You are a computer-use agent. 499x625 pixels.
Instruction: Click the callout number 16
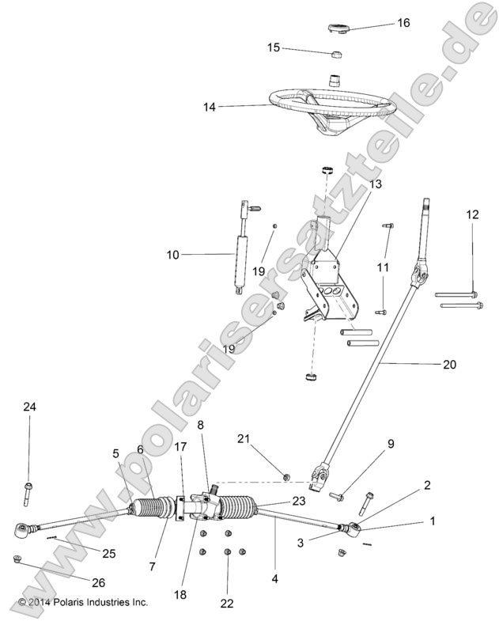403,23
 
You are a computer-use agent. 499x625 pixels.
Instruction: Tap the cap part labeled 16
339,29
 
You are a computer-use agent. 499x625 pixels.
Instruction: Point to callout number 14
209,104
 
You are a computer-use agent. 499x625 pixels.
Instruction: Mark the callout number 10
173,255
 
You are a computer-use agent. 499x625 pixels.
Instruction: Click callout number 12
472,214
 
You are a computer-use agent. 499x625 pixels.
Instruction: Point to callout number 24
29,407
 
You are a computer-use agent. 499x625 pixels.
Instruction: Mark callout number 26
97,582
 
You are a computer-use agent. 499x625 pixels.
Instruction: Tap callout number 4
274,578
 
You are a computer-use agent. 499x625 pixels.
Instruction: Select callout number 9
390,444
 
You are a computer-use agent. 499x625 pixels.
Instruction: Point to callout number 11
382,267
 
